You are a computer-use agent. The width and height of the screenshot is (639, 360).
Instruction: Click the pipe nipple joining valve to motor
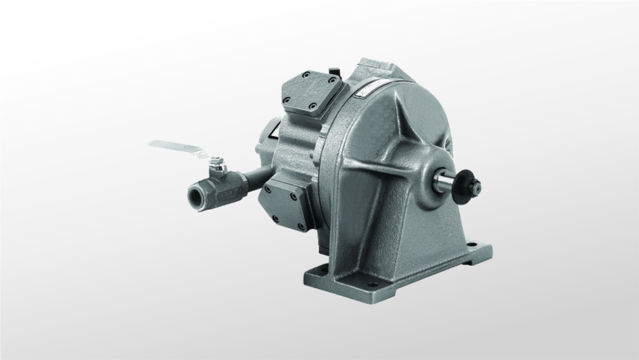coord(258,174)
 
